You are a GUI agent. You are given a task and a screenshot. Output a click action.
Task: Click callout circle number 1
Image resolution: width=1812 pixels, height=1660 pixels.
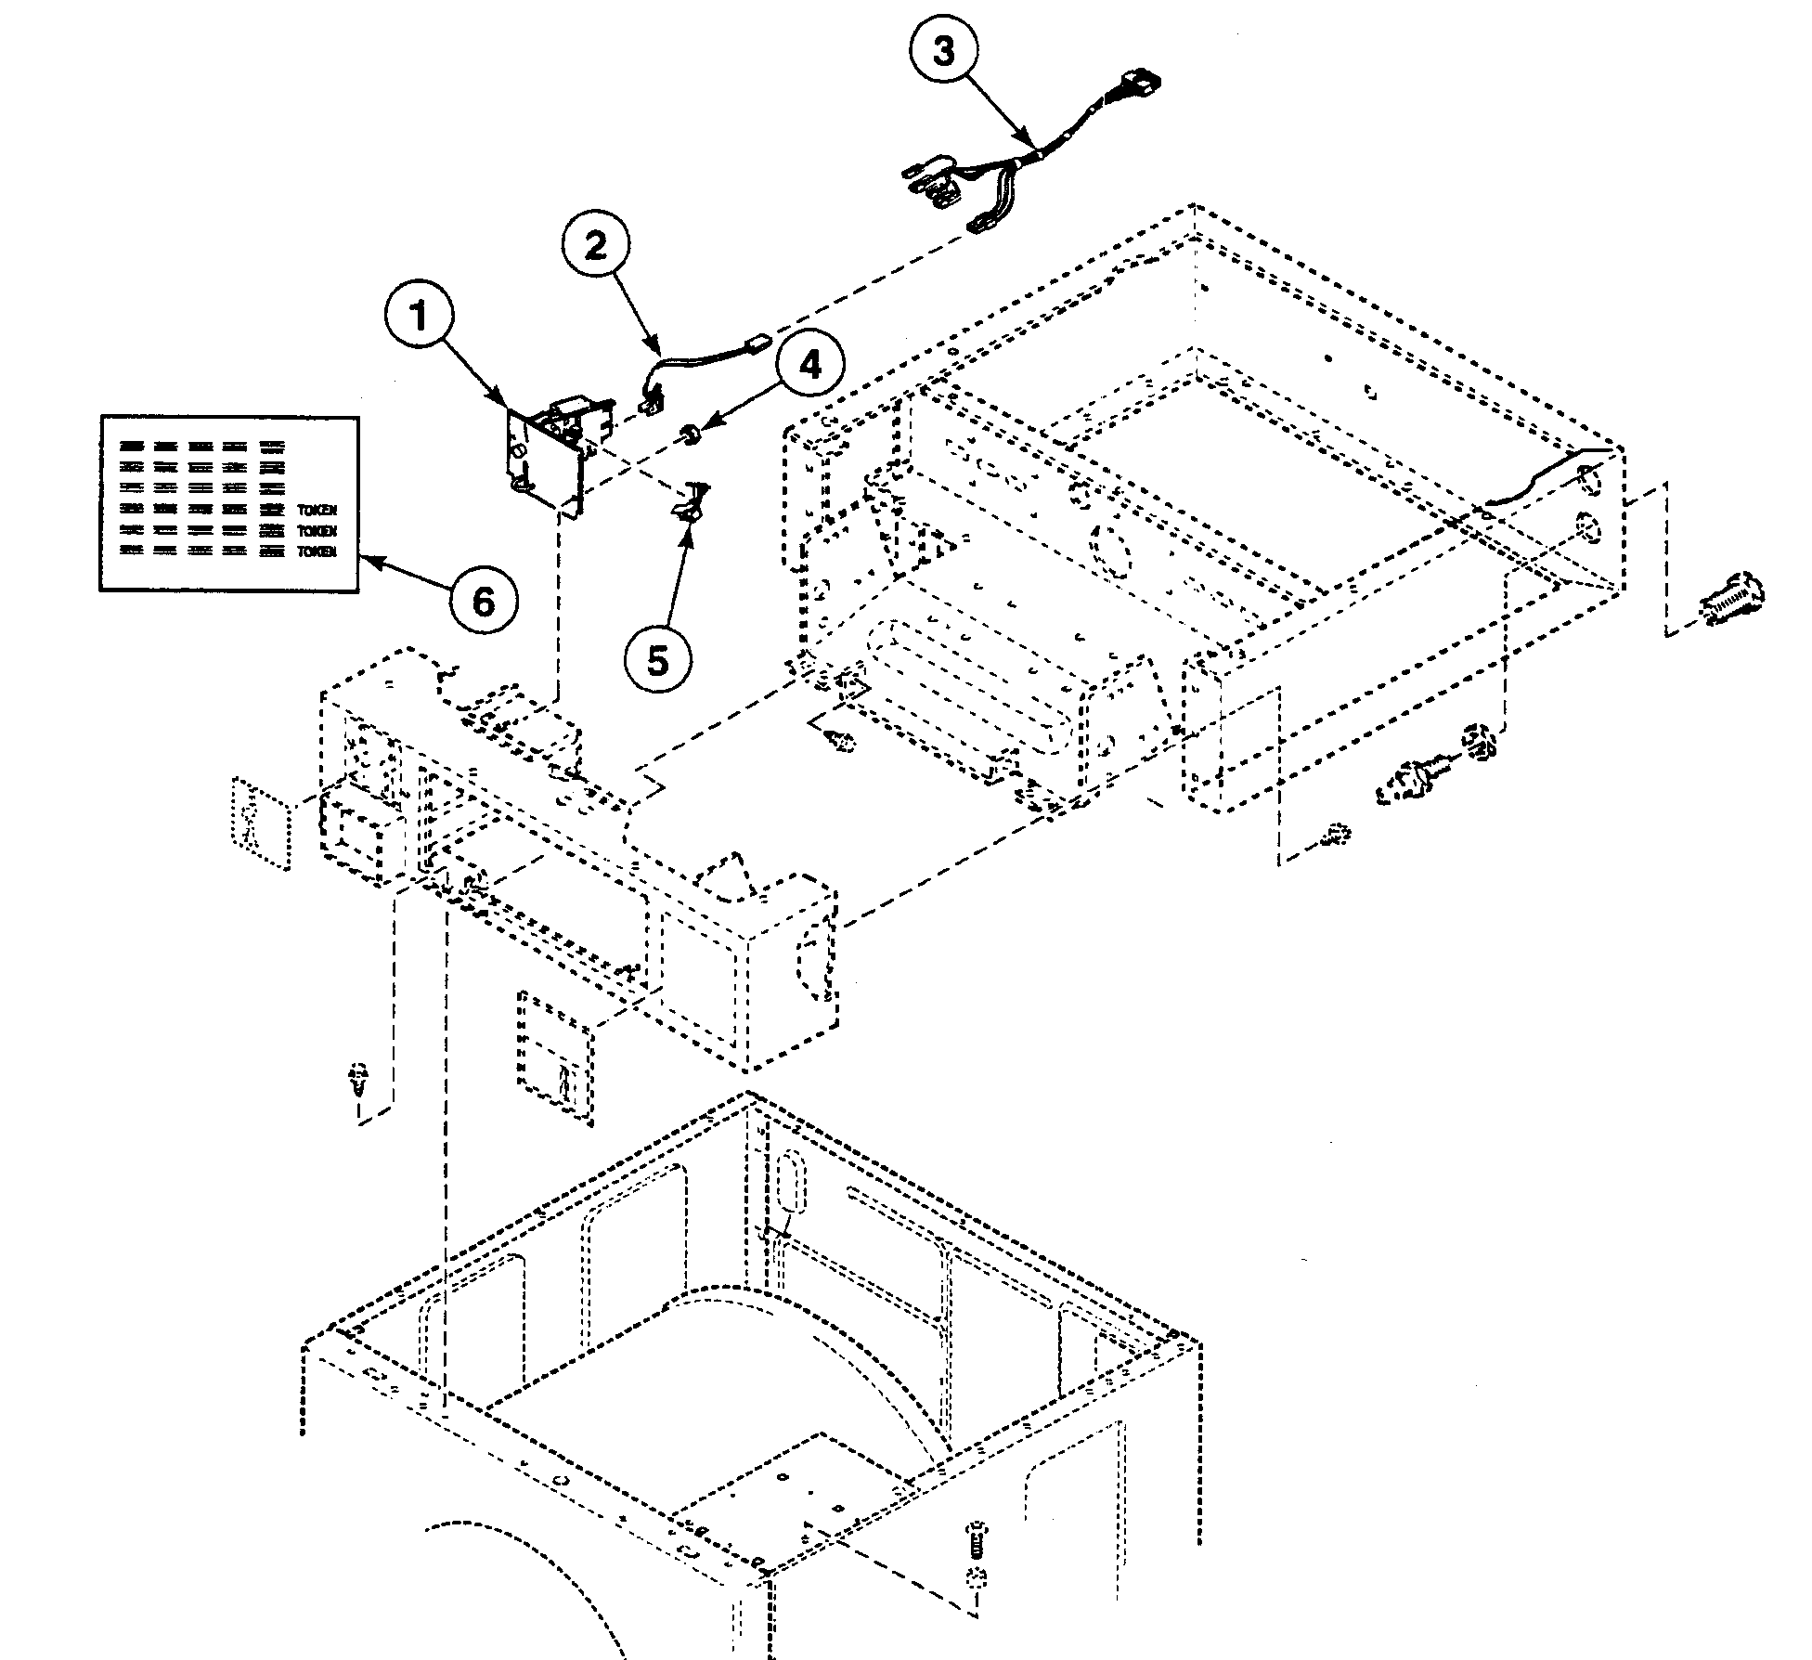(x=420, y=317)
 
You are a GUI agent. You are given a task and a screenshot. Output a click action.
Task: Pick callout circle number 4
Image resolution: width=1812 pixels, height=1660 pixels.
(x=809, y=366)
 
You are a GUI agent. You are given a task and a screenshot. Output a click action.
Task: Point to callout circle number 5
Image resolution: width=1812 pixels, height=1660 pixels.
(x=657, y=661)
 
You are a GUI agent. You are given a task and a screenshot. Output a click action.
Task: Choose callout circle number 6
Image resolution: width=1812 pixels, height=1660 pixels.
(x=484, y=603)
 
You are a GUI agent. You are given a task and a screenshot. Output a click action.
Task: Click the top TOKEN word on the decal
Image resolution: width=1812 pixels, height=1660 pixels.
(x=317, y=511)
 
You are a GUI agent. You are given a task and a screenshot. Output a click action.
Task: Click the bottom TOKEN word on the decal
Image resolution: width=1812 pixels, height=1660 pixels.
(x=317, y=551)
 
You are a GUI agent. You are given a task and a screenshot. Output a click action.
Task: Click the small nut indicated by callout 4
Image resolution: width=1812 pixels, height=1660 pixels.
(x=691, y=434)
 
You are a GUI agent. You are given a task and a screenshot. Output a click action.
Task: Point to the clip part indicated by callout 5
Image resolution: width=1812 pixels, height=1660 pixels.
(x=689, y=506)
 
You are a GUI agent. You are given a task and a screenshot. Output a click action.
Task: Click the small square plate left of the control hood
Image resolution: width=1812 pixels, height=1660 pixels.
(x=260, y=824)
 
